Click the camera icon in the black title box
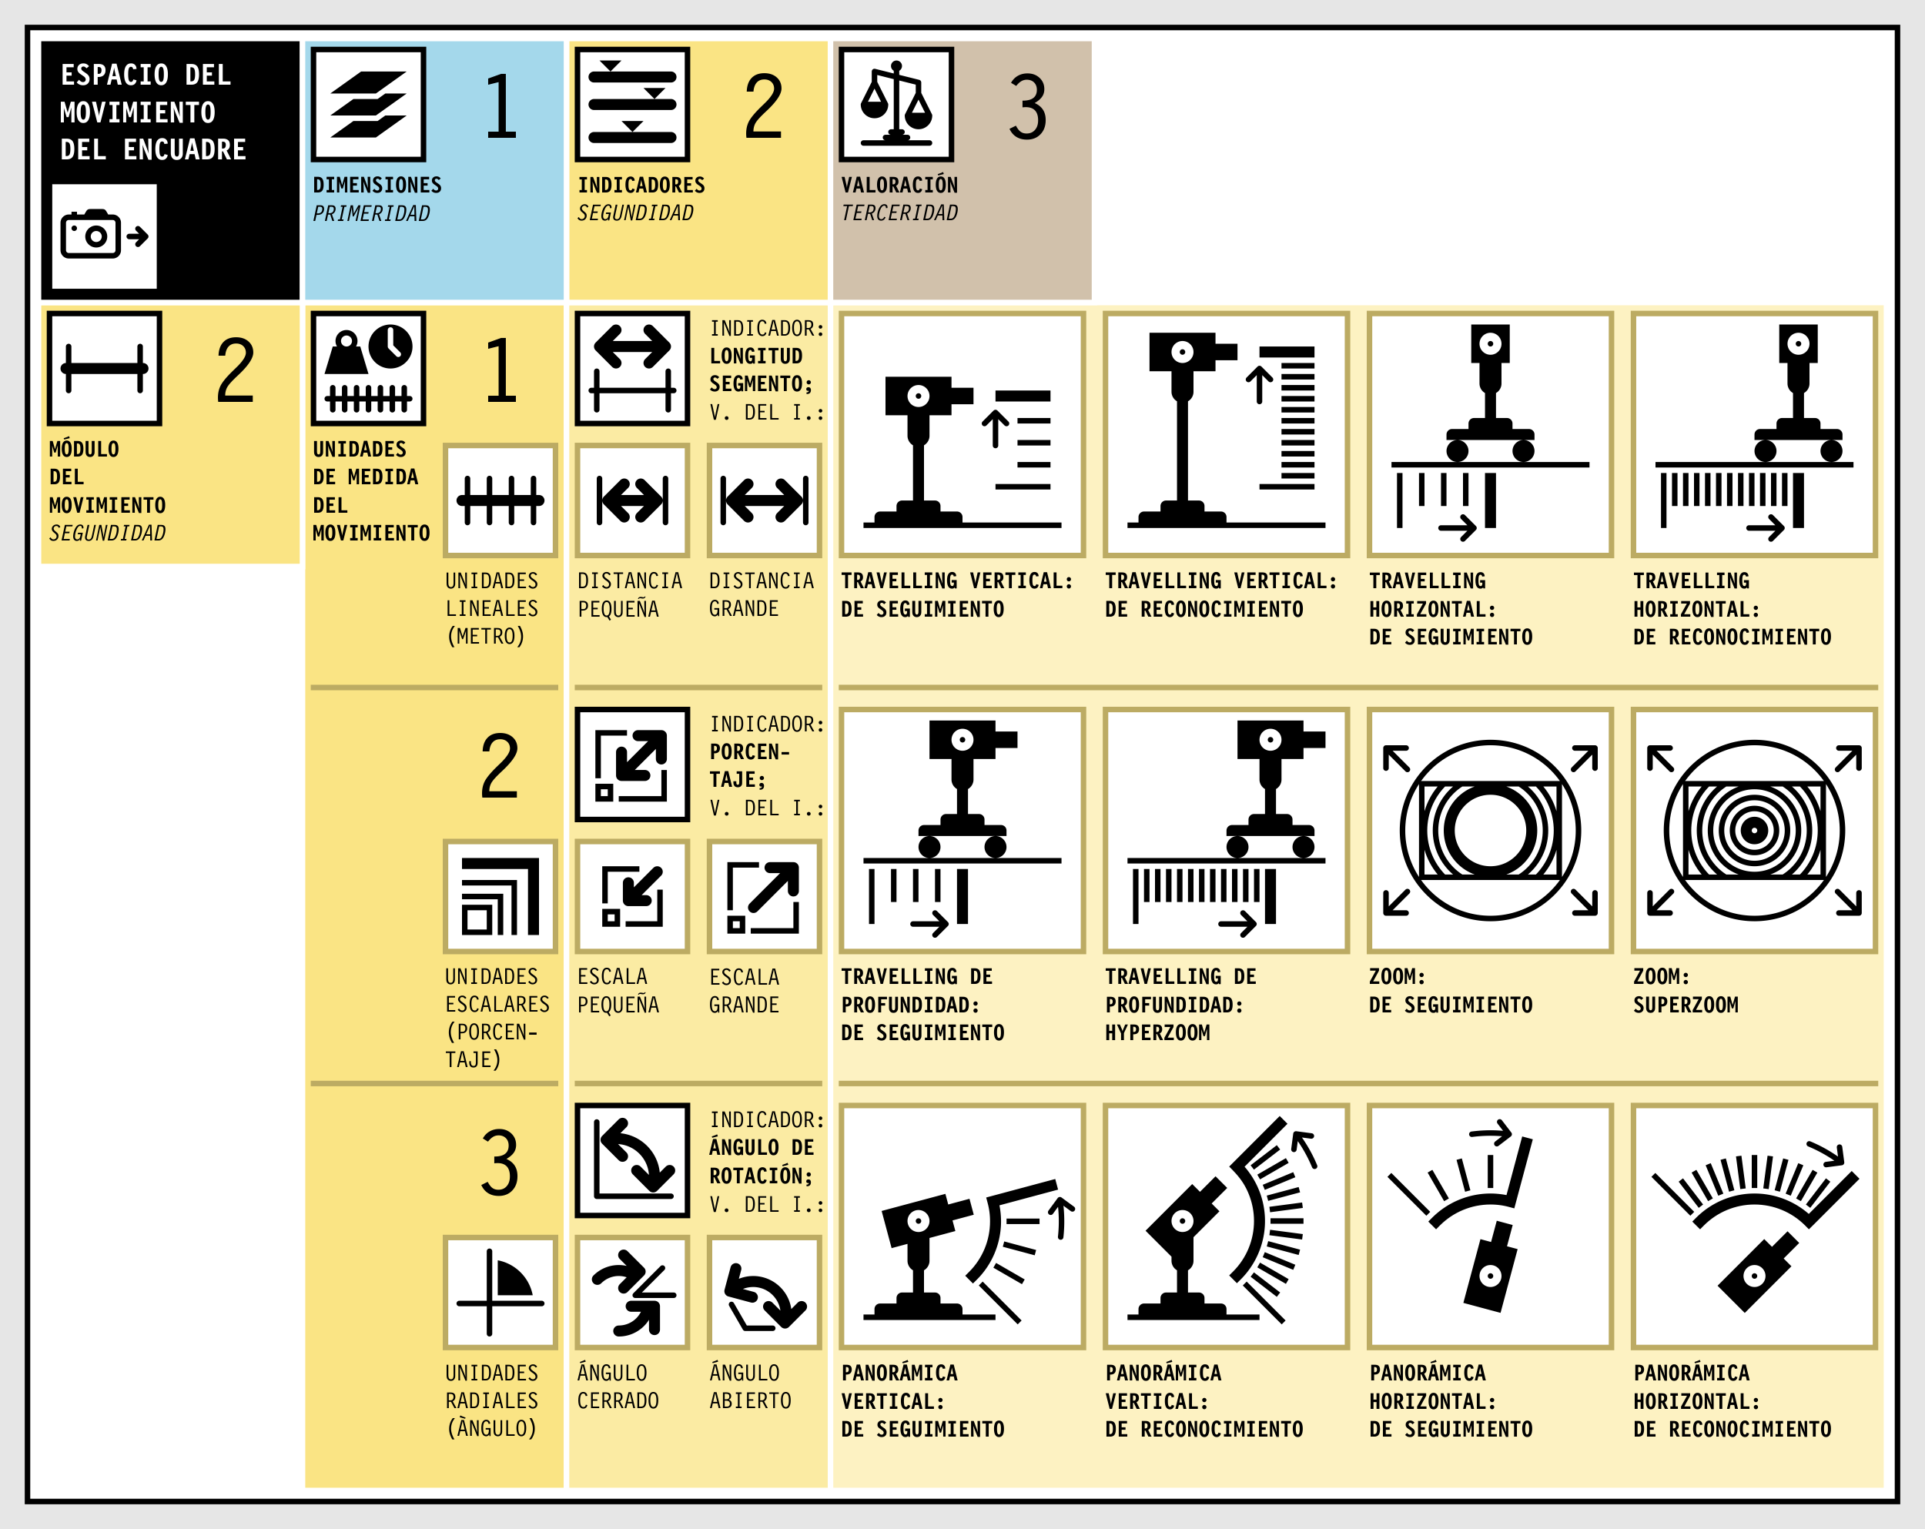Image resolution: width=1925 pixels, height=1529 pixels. click(105, 236)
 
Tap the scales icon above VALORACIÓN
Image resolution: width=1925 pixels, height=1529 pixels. click(896, 103)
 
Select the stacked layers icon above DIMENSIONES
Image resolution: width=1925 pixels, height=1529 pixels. click(368, 103)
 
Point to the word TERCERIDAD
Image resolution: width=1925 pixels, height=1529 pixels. click(899, 212)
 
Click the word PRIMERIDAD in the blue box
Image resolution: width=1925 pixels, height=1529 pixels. click(371, 213)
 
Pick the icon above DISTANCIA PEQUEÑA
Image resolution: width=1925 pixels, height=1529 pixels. click(632, 500)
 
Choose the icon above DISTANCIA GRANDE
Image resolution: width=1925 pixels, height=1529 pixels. click(765, 500)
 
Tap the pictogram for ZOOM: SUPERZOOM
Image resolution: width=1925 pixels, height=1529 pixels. click(1753, 830)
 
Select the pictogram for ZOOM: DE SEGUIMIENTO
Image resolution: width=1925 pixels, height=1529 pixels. click(1490, 830)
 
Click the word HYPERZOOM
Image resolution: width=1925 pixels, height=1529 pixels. click(1157, 1032)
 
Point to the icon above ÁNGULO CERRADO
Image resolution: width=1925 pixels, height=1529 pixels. click(632, 1292)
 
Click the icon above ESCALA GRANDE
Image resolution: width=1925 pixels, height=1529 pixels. click(765, 896)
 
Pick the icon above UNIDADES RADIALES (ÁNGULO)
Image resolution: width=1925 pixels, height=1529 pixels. click(500, 1292)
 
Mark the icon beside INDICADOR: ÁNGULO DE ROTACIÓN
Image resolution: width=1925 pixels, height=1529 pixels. click(632, 1160)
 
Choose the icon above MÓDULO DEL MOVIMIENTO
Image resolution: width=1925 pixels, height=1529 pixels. click(105, 368)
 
